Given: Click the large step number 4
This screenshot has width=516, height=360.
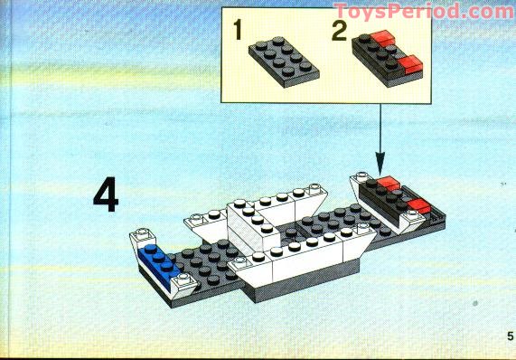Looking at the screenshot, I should [x=106, y=196].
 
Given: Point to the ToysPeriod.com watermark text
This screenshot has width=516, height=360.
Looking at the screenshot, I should [x=423, y=12].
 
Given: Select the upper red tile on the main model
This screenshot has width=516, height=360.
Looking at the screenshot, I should [x=388, y=186].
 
